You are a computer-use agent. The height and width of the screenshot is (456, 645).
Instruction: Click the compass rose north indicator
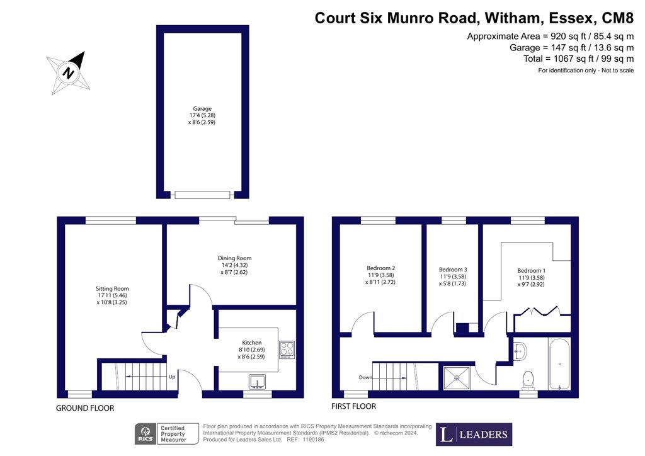(x=68, y=73)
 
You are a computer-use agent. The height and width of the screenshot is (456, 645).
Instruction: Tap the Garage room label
(x=202, y=108)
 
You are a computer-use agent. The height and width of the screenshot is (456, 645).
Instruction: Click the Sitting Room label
(x=112, y=288)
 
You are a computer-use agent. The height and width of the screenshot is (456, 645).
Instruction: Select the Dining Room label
(x=234, y=258)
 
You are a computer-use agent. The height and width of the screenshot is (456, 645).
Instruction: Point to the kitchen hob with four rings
(x=287, y=350)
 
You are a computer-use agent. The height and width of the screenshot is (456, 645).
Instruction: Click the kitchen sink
(x=258, y=382)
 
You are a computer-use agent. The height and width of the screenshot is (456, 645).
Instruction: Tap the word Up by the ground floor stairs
(x=172, y=377)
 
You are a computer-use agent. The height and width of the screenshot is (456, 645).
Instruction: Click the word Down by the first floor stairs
(x=366, y=377)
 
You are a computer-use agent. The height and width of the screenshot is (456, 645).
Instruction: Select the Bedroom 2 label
(x=381, y=268)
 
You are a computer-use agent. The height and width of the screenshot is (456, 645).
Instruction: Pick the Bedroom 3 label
(x=453, y=270)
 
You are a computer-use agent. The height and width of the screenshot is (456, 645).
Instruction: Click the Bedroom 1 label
(x=532, y=271)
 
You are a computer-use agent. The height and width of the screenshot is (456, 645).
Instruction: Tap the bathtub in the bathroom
(x=559, y=363)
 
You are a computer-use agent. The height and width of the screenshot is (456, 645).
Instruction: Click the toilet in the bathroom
(x=528, y=380)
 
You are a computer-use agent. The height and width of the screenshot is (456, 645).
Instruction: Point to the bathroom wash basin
(x=520, y=351)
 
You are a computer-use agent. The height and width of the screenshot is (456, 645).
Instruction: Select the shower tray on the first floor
(x=457, y=378)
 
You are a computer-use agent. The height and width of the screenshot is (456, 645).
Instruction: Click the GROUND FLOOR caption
(x=85, y=408)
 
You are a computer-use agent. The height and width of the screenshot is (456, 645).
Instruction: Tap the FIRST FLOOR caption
(x=354, y=406)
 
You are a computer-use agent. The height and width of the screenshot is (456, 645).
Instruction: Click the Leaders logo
(x=474, y=434)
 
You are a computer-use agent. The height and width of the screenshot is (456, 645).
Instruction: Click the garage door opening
(x=202, y=195)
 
